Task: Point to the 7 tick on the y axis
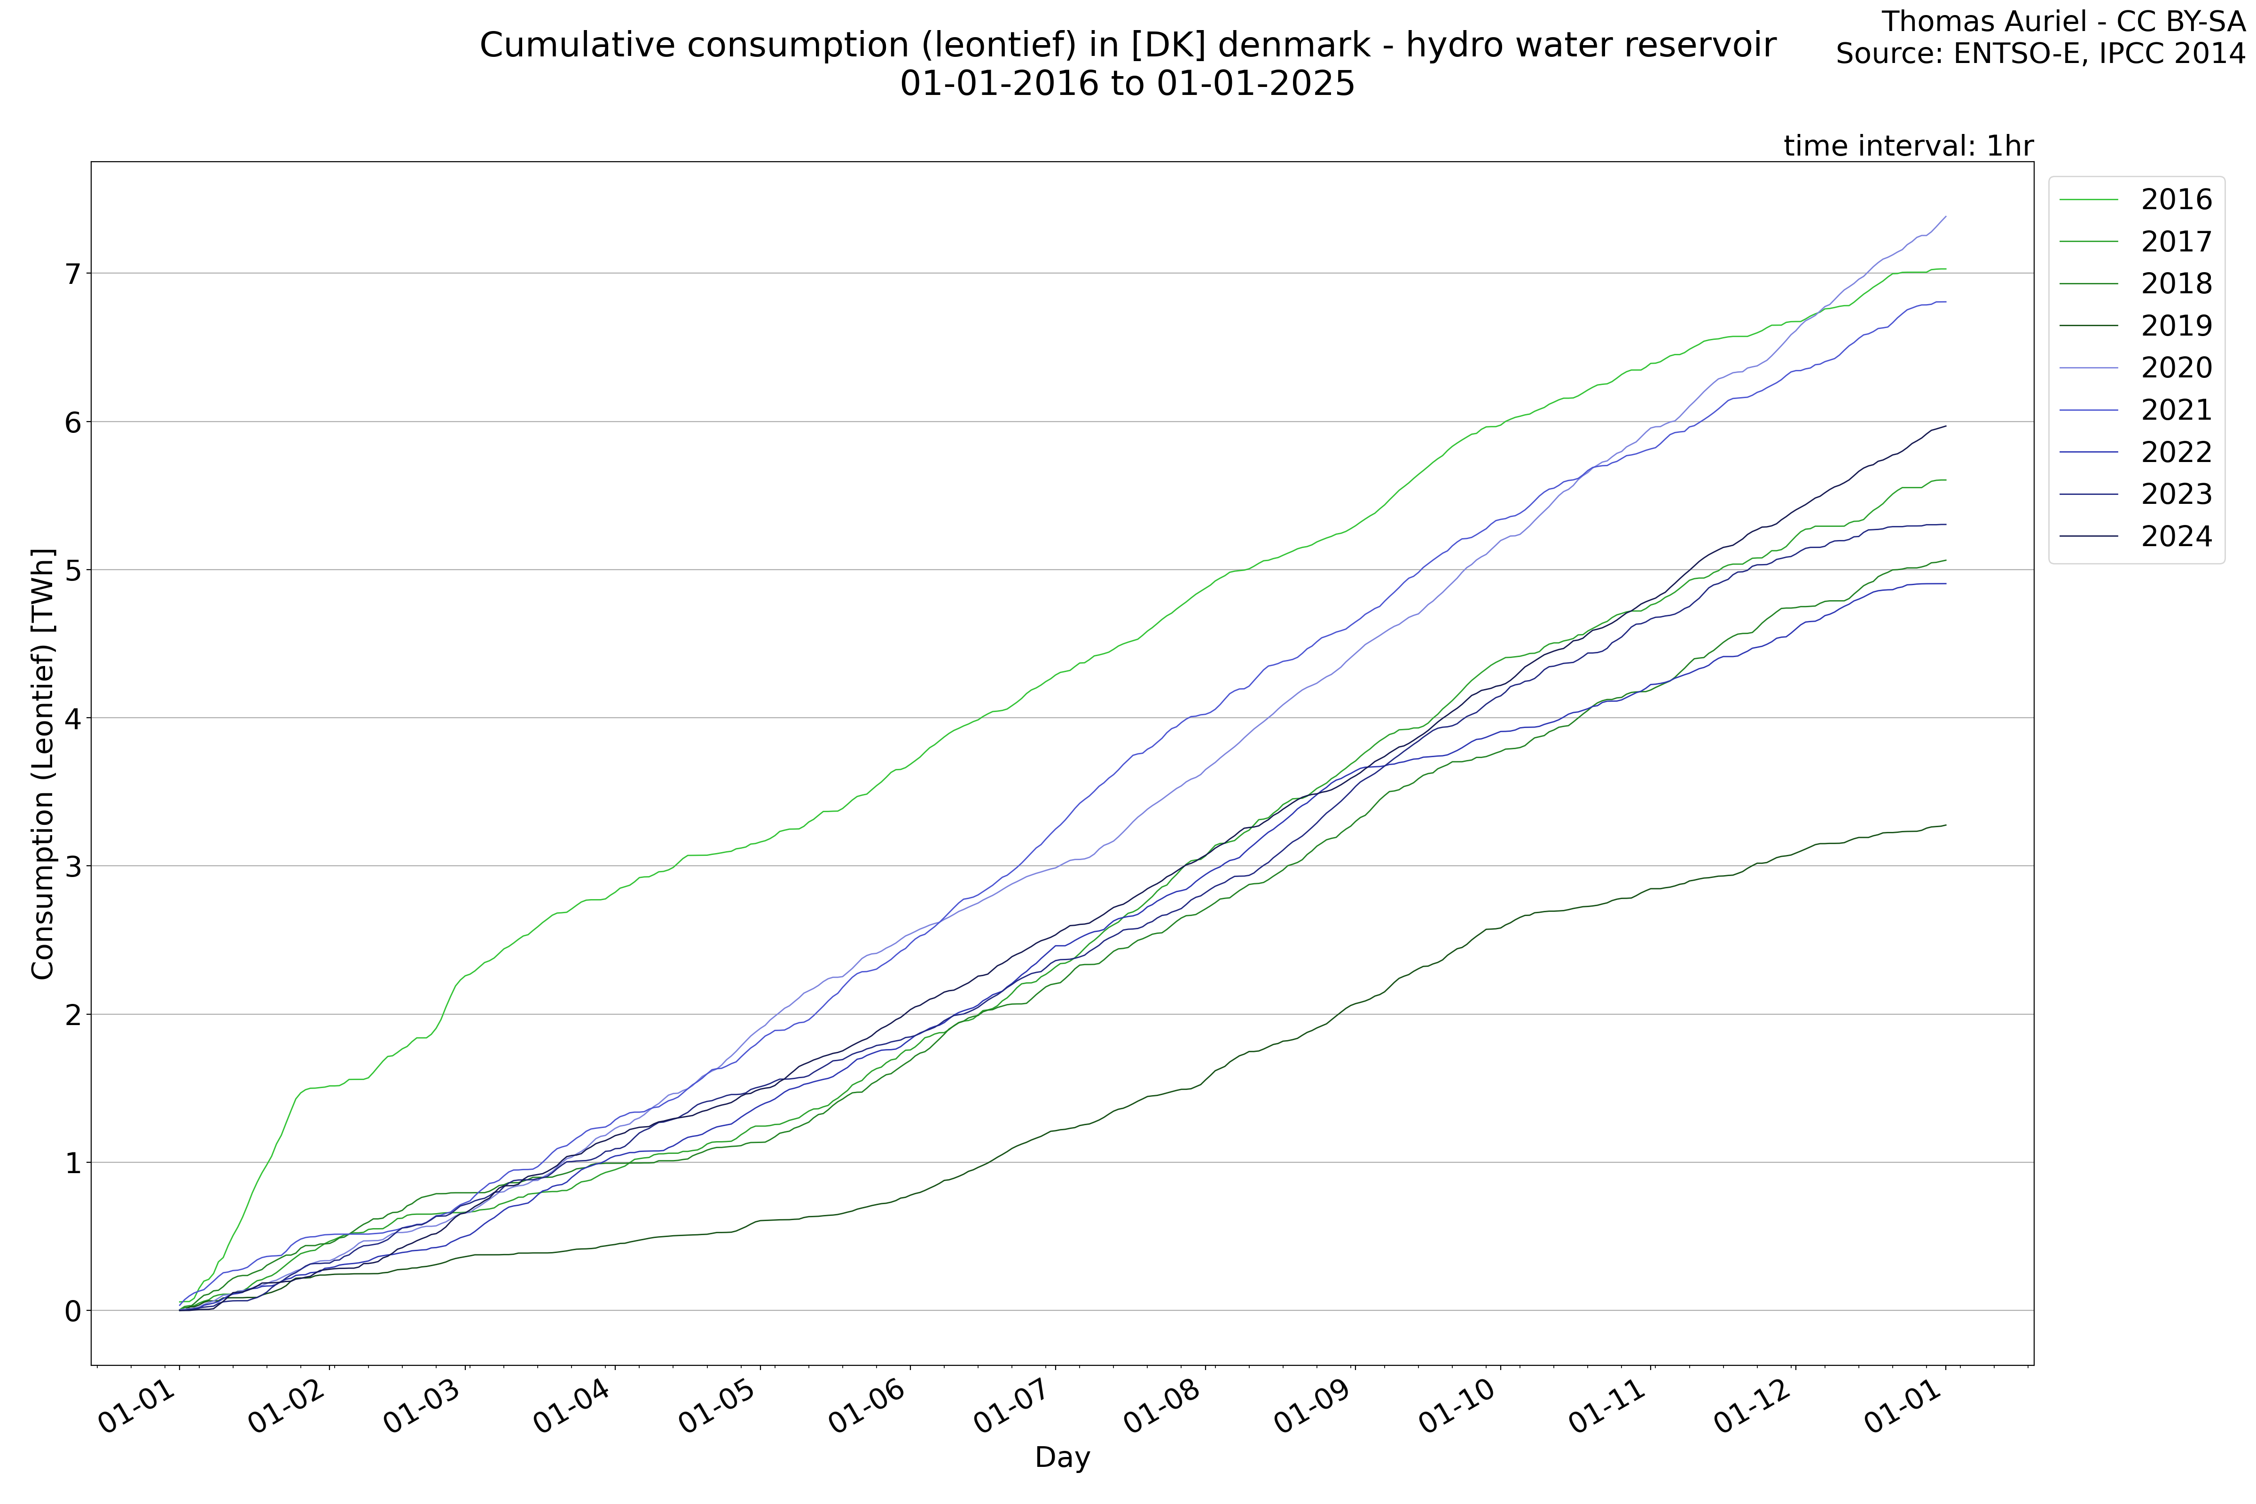(x=73, y=274)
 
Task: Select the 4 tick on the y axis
(x=73, y=719)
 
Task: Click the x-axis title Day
(x=1062, y=1458)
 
